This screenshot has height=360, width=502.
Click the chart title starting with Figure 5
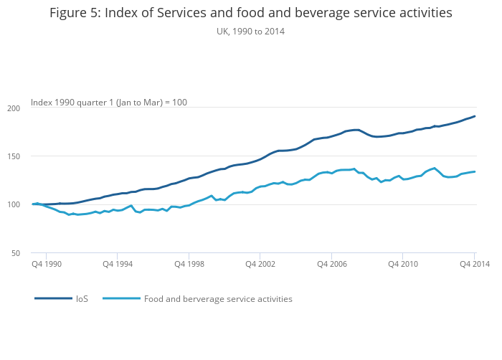tap(251, 13)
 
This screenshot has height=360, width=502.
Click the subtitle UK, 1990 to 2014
tap(251, 32)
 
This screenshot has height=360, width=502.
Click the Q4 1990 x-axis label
tap(47, 265)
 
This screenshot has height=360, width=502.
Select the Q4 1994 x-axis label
tap(118, 265)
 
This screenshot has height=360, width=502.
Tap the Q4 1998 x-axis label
tap(189, 265)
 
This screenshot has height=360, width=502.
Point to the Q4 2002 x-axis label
tap(260, 265)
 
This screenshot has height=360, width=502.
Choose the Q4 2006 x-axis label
tap(331, 265)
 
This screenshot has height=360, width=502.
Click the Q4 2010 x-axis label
tap(403, 265)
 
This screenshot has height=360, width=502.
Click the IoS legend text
tap(82, 298)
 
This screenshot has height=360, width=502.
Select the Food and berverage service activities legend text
tap(218, 298)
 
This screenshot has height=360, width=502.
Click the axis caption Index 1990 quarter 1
tap(109, 103)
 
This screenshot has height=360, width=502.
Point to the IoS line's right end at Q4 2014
tap(475, 116)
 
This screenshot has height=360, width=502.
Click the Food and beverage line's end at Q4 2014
tap(475, 171)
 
